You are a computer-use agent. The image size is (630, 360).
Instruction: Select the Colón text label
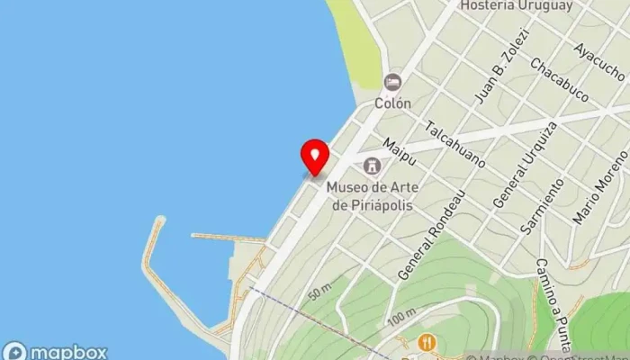coord(392,103)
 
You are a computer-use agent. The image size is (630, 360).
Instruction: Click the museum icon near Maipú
coord(371,166)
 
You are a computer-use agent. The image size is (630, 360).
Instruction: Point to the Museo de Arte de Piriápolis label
coord(371,195)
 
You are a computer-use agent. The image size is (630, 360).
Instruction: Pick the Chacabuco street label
coord(559,79)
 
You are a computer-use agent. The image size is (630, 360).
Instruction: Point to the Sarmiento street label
coord(544,207)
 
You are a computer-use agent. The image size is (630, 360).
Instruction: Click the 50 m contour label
coord(320,293)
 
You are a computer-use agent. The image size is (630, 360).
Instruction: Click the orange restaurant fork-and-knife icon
coord(427,342)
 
